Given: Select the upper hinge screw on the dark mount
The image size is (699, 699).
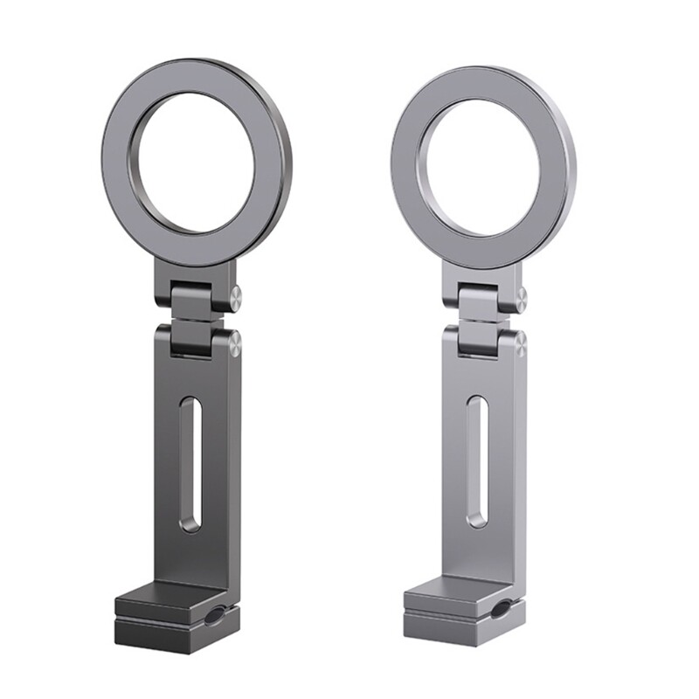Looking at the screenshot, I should (x=235, y=297).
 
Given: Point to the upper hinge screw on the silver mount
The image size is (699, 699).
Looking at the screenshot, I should (x=521, y=298).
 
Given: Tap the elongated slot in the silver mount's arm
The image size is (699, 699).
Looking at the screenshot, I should (x=477, y=461).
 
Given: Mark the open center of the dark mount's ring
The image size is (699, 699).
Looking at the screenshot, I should (x=197, y=162).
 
